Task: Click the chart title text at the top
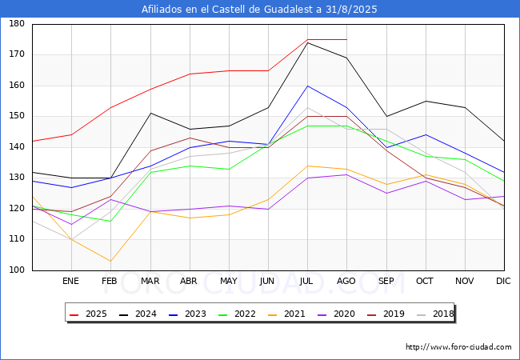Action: click(259, 9)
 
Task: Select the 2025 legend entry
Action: click(89, 314)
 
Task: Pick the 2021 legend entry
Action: click(286, 314)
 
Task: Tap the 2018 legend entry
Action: click(435, 314)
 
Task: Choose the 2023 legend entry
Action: click(187, 314)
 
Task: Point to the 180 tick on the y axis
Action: click(17, 23)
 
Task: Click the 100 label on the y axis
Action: click(17, 270)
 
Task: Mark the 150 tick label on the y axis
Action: click(17, 116)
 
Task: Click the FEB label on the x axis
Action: click(110, 281)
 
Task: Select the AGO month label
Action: click(346, 281)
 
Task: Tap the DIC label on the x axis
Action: click(503, 281)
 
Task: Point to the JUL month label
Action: click(306, 281)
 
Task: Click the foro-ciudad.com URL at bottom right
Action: click(458, 347)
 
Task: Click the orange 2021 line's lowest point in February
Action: click(110, 262)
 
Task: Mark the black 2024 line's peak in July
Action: click(308, 42)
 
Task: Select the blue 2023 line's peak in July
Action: click(308, 86)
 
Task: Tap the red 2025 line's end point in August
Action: click(347, 39)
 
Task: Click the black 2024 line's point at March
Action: click(151, 113)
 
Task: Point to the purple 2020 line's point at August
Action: click(347, 174)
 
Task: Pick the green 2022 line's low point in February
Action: click(110, 221)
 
